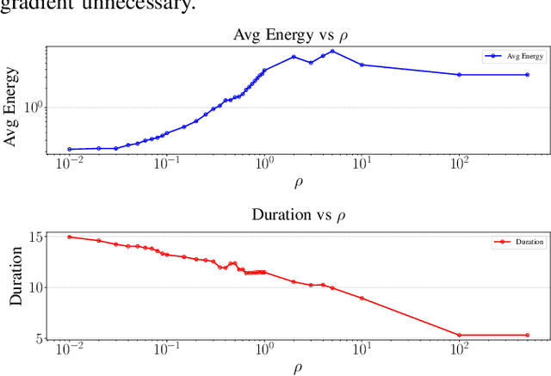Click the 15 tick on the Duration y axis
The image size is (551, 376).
37,237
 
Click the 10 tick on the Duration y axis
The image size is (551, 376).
37,287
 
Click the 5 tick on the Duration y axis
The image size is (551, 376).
40,337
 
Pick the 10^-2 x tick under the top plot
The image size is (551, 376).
70,163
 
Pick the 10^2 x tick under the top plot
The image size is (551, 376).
458,163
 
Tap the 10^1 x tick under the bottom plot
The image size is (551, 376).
362,351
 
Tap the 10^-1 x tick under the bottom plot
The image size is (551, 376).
167,351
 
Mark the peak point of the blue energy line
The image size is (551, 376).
332,51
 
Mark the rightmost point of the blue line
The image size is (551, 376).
527,75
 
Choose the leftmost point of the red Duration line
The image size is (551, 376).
70,237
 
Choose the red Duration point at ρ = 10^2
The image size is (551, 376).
459,335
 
